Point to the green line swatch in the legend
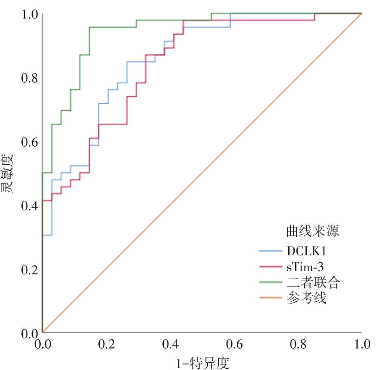[x=270, y=282]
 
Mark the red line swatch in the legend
[x=270, y=267]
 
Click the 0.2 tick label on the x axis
[x=106, y=344]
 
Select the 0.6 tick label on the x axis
[x=234, y=344]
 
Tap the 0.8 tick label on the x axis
[x=298, y=344]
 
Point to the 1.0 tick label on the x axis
[x=362, y=344]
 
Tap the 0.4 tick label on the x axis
[x=170, y=344]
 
